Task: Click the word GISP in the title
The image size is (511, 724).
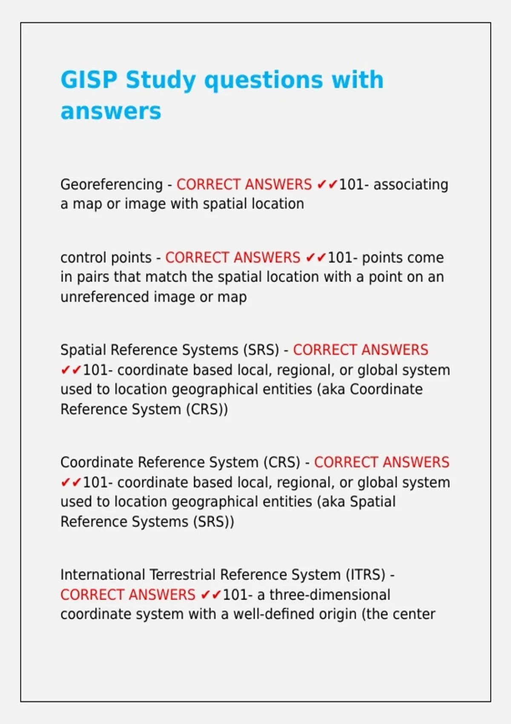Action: point(89,80)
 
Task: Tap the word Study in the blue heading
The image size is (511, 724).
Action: point(161,80)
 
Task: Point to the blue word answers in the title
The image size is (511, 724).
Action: point(111,112)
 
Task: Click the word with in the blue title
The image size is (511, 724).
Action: point(358,80)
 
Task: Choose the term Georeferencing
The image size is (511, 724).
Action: point(112,185)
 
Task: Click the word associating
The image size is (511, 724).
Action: point(411,185)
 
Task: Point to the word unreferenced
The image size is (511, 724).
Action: point(104,297)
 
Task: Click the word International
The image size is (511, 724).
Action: point(103,575)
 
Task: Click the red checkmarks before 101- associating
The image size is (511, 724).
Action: point(327,185)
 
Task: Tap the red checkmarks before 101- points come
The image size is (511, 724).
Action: point(316,258)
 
